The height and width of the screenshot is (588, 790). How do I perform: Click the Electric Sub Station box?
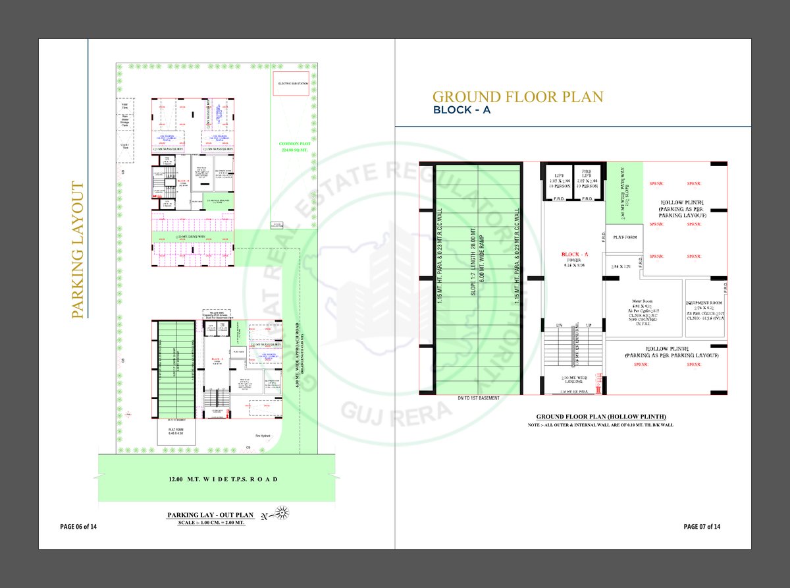pyautogui.click(x=292, y=84)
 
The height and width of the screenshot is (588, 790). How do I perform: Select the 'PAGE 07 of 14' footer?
pyautogui.click(x=702, y=527)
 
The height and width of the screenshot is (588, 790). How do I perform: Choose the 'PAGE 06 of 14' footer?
pyautogui.click(x=78, y=527)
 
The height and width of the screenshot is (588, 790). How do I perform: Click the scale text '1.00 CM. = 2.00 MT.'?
pyautogui.click(x=211, y=523)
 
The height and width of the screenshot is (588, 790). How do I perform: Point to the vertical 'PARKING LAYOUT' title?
pyautogui.click(x=78, y=251)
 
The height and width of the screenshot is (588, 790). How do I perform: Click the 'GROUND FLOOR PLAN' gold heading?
pyautogui.click(x=517, y=98)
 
